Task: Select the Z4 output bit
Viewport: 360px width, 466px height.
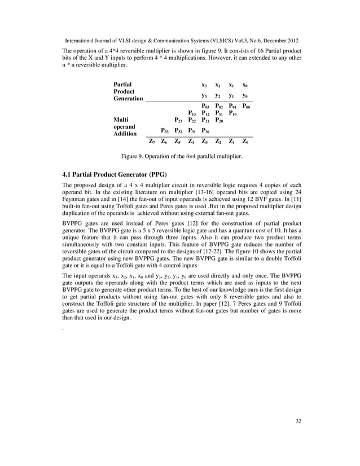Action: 192,142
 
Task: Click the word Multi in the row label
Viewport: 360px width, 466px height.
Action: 121,120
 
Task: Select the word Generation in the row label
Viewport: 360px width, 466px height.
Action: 128,98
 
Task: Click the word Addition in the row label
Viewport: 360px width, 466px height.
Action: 125,134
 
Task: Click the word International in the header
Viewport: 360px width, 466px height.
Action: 82,41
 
